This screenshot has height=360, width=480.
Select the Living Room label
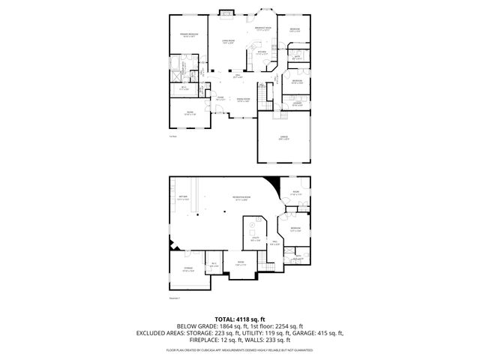pos(227,42)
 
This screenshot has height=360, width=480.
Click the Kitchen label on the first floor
pos(262,53)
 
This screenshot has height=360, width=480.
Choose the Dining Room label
pos(243,99)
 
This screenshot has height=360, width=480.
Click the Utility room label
pos(255,239)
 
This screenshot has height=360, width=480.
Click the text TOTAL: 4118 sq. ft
pos(239,319)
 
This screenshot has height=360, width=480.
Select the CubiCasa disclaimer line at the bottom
pos(239,349)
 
